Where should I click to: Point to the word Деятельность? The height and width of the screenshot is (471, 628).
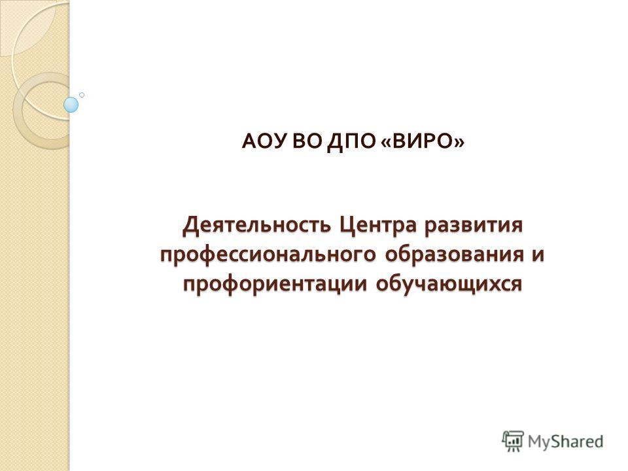pyautogui.click(x=256, y=226)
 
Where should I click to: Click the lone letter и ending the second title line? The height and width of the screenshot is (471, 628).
pyautogui.click(x=538, y=256)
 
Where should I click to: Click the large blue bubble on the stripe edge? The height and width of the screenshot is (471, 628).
pyautogui.click(x=71, y=105)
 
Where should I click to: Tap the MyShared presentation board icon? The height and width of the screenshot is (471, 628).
pyautogui.click(x=513, y=442)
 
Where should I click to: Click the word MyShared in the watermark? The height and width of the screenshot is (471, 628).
pyautogui.click(x=565, y=442)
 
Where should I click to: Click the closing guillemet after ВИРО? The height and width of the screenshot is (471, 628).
pyautogui.click(x=460, y=143)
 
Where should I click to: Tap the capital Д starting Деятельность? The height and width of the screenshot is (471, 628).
pyautogui.click(x=190, y=226)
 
